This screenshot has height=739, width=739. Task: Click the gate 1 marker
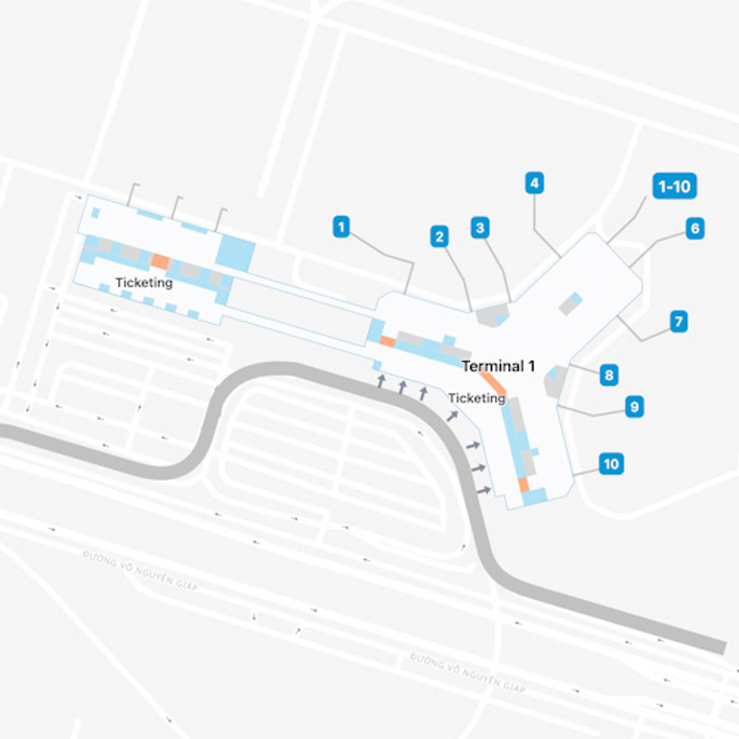pos(341,227)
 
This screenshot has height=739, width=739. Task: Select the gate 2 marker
pos(439,236)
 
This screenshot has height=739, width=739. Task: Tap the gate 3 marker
pos(480,228)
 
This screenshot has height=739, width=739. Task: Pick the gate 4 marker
pos(534,183)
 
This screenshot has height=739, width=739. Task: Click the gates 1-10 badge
pos(674,186)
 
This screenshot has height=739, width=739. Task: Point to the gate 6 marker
pos(695,228)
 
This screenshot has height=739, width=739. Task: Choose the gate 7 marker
pos(678,321)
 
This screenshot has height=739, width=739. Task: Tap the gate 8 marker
pos(609,375)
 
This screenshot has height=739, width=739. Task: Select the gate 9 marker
pos(634,407)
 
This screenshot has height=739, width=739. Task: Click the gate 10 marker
pos(611,464)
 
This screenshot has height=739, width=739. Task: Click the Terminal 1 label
pos(498,366)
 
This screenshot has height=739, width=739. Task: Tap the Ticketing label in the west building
pos(144,283)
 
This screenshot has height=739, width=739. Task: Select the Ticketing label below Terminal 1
pos(477,398)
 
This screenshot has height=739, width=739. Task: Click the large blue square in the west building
pos(235,253)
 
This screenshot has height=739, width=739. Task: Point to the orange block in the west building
pos(160,261)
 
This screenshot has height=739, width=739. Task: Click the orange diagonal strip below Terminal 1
pos(493,381)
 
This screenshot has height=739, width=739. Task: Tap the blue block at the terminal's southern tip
pos(534,496)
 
